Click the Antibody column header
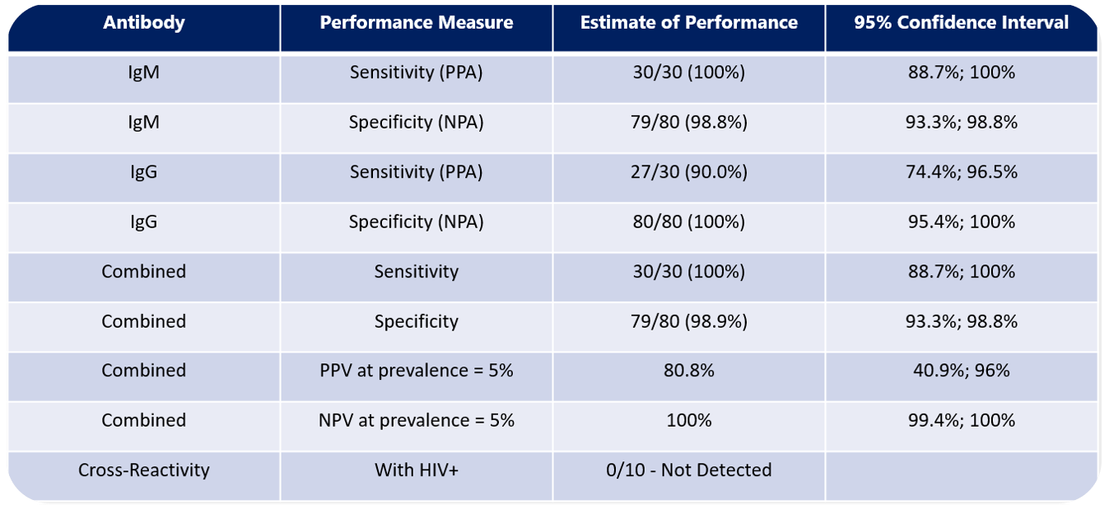click(144, 23)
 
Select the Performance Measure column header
click(416, 23)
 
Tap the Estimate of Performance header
click(688, 23)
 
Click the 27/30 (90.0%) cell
click(688, 172)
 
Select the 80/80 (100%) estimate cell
click(688, 222)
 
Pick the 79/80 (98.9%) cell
click(688, 321)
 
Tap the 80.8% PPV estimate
click(688, 371)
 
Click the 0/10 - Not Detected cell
click(688, 470)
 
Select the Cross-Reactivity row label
click(144, 470)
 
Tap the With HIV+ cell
click(416, 470)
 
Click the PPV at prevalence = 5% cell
click(416, 371)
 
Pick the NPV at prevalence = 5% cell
click(416, 420)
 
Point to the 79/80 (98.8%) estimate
click(688, 123)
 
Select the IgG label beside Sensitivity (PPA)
click(144, 172)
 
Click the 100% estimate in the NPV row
click(688, 420)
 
